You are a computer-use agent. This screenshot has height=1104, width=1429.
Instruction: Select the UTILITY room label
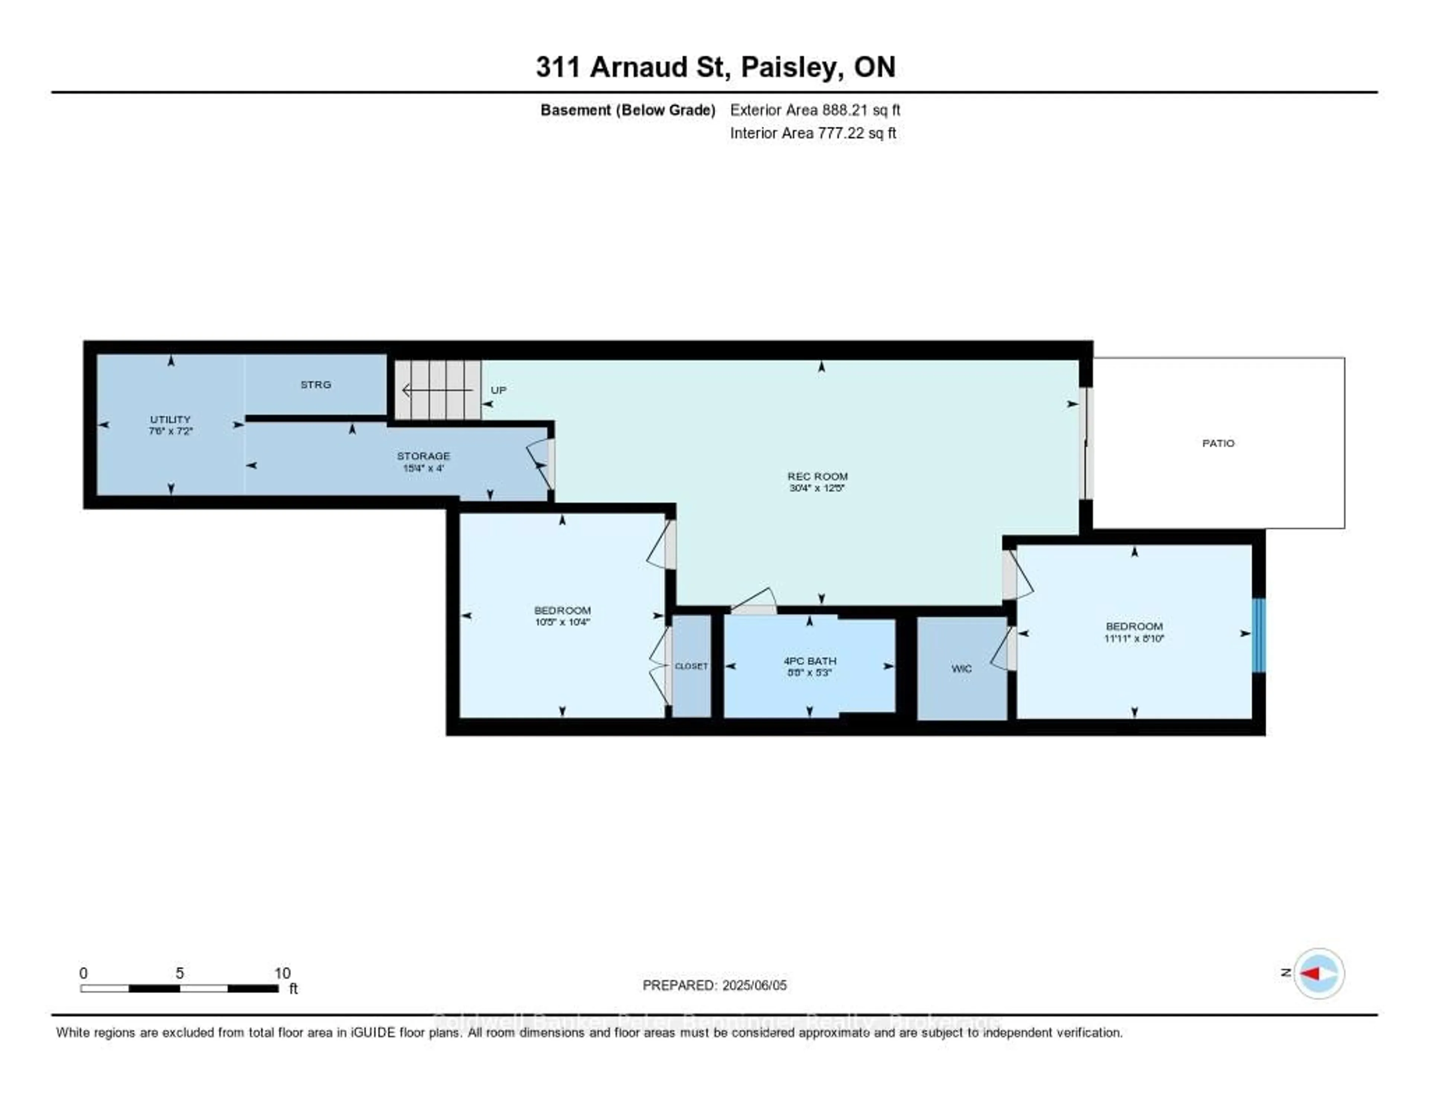(x=170, y=419)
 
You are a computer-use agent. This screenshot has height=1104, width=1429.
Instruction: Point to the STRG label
(x=315, y=385)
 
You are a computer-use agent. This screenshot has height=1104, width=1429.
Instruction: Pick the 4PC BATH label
(x=810, y=661)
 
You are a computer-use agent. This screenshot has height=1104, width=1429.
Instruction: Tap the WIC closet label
(x=961, y=668)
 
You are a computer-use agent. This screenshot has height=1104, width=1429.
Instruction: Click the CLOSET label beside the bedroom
(x=691, y=666)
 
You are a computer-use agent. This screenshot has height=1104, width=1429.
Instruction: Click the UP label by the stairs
(x=499, y=390)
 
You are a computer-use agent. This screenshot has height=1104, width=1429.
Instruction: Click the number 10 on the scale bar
(x=282, y=973)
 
